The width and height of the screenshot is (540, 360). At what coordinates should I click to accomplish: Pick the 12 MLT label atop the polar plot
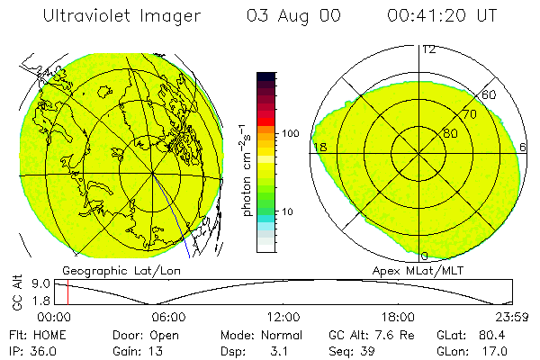click(427, 49)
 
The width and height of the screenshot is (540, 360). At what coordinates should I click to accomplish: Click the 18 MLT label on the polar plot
click(319, 147)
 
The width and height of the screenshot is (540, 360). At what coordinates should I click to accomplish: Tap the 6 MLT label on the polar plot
click(524, 147)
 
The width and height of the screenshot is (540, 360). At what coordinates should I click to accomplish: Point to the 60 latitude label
click(490, 94)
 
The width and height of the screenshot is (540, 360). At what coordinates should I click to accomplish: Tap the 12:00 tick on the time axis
click(283, 317)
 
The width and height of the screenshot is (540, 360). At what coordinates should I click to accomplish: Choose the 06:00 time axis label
click(168, 317)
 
